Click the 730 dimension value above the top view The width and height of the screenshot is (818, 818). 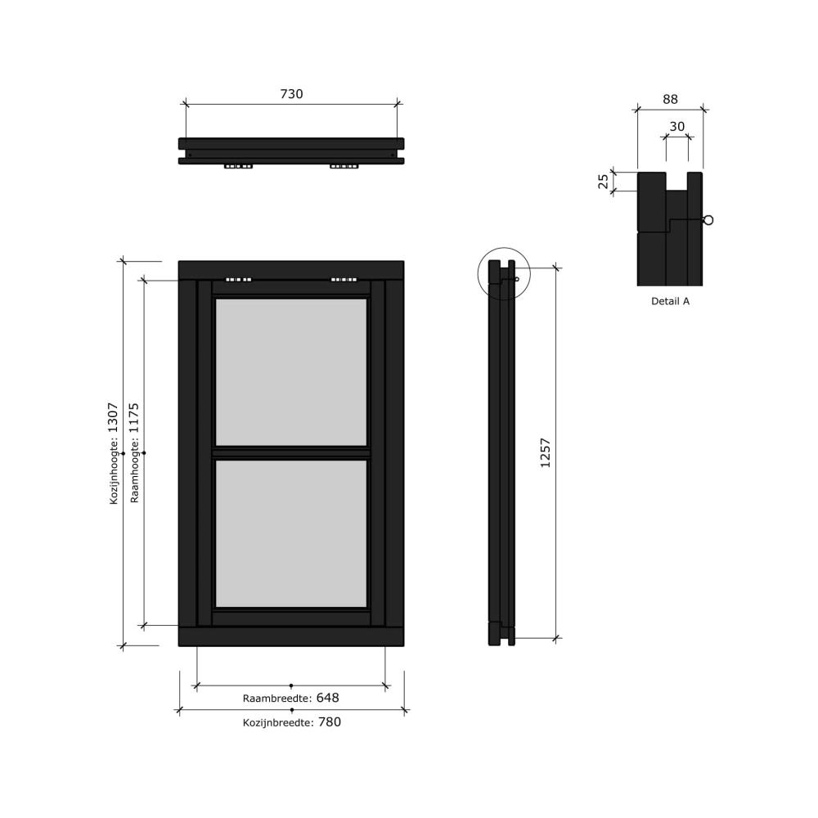tap(292, 94)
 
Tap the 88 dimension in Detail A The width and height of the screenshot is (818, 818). tap(671, 99)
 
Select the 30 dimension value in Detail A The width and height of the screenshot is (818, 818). tap(677, 127)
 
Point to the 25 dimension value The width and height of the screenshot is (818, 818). tap(603, 181)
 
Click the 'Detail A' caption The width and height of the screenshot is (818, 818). tap(671, 301)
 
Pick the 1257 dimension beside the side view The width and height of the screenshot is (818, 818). tap(545, 453)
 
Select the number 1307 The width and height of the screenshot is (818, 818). tap(113, 418)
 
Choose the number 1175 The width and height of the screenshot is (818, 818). tap(134, 418)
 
